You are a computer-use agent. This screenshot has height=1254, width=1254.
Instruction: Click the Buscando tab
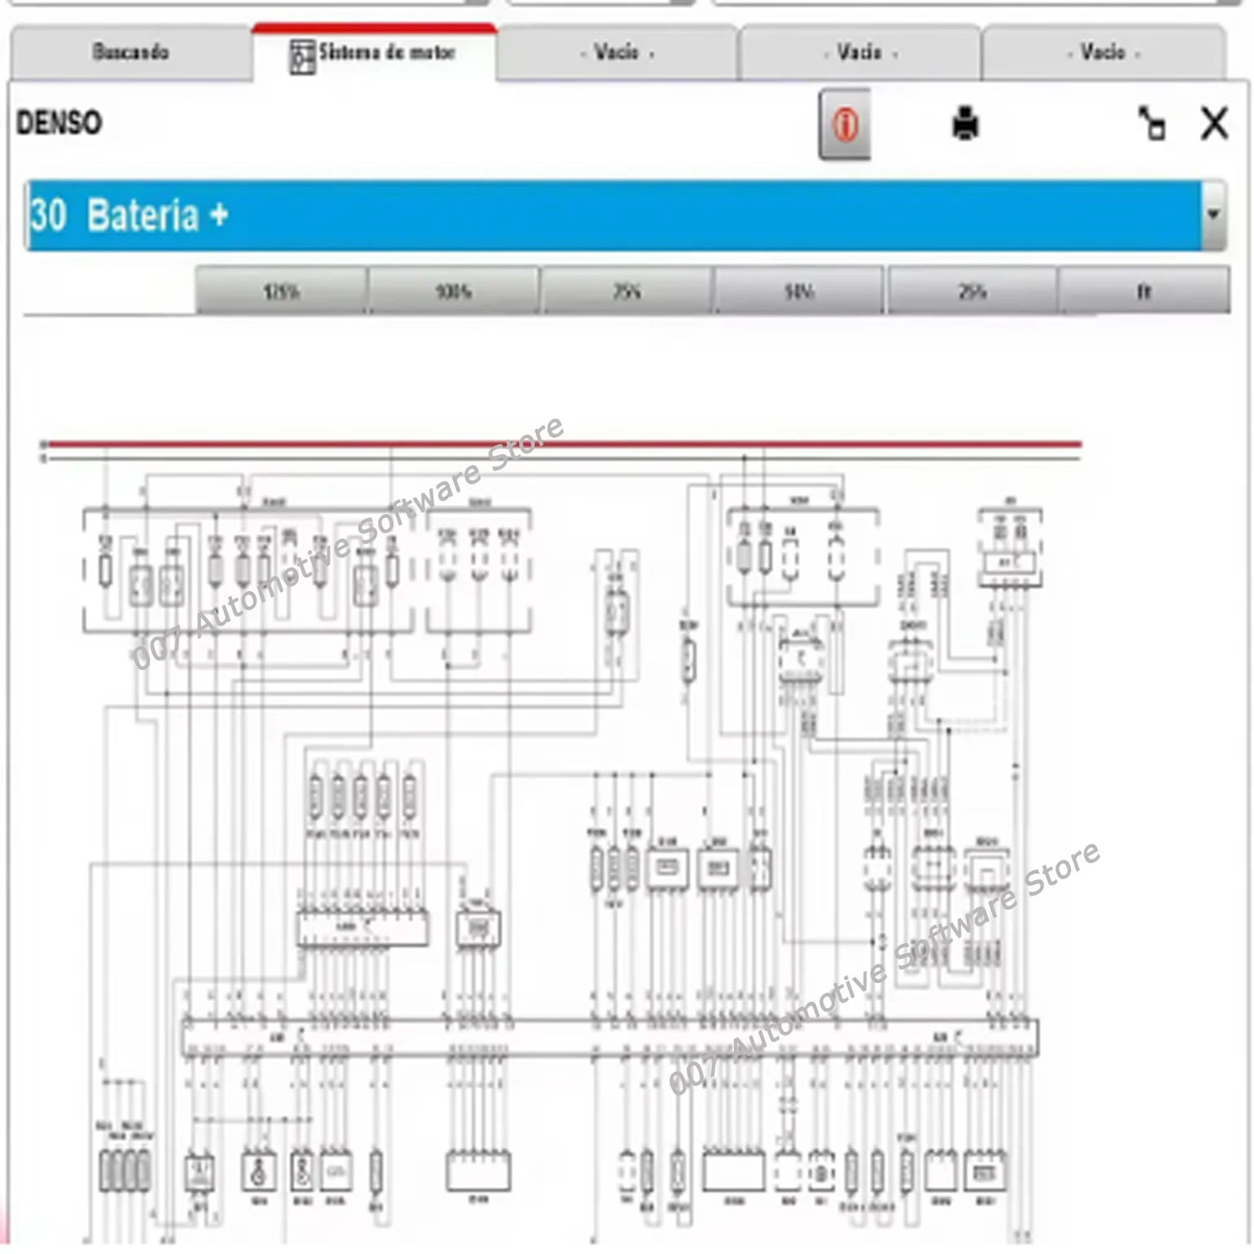(x=131, y=52)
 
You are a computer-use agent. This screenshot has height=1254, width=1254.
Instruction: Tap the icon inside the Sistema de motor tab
(x=302, y=56)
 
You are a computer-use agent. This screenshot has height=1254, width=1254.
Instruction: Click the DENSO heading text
(x=59, y=123)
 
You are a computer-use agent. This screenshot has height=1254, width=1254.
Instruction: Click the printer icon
(x=965, y=124)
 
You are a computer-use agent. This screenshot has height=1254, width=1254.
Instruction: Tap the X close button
(x=1214, y=124)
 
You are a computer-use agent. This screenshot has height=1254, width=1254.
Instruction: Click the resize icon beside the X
(x=1151, y=124)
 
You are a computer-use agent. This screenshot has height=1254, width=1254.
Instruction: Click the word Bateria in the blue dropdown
(x=143, y=216)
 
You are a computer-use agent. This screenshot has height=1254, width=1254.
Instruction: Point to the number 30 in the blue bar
(x=48, y=216)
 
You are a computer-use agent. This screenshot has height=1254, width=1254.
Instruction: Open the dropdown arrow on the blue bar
(x=1213, y=215)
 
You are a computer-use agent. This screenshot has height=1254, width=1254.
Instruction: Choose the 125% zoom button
(x=281, y=291)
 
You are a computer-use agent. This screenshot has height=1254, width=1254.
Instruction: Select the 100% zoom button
(x=453, y=291)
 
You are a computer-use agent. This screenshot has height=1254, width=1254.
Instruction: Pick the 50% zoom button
(x=798, y=291)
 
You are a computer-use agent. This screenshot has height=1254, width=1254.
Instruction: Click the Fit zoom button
(x=1144, y=291)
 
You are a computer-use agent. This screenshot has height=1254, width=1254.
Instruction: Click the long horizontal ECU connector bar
(x=608, y=1038)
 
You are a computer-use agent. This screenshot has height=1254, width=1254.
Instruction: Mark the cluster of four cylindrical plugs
(x=125, y=1170)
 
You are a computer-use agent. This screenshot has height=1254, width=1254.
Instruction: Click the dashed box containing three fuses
(x=478, y=571)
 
